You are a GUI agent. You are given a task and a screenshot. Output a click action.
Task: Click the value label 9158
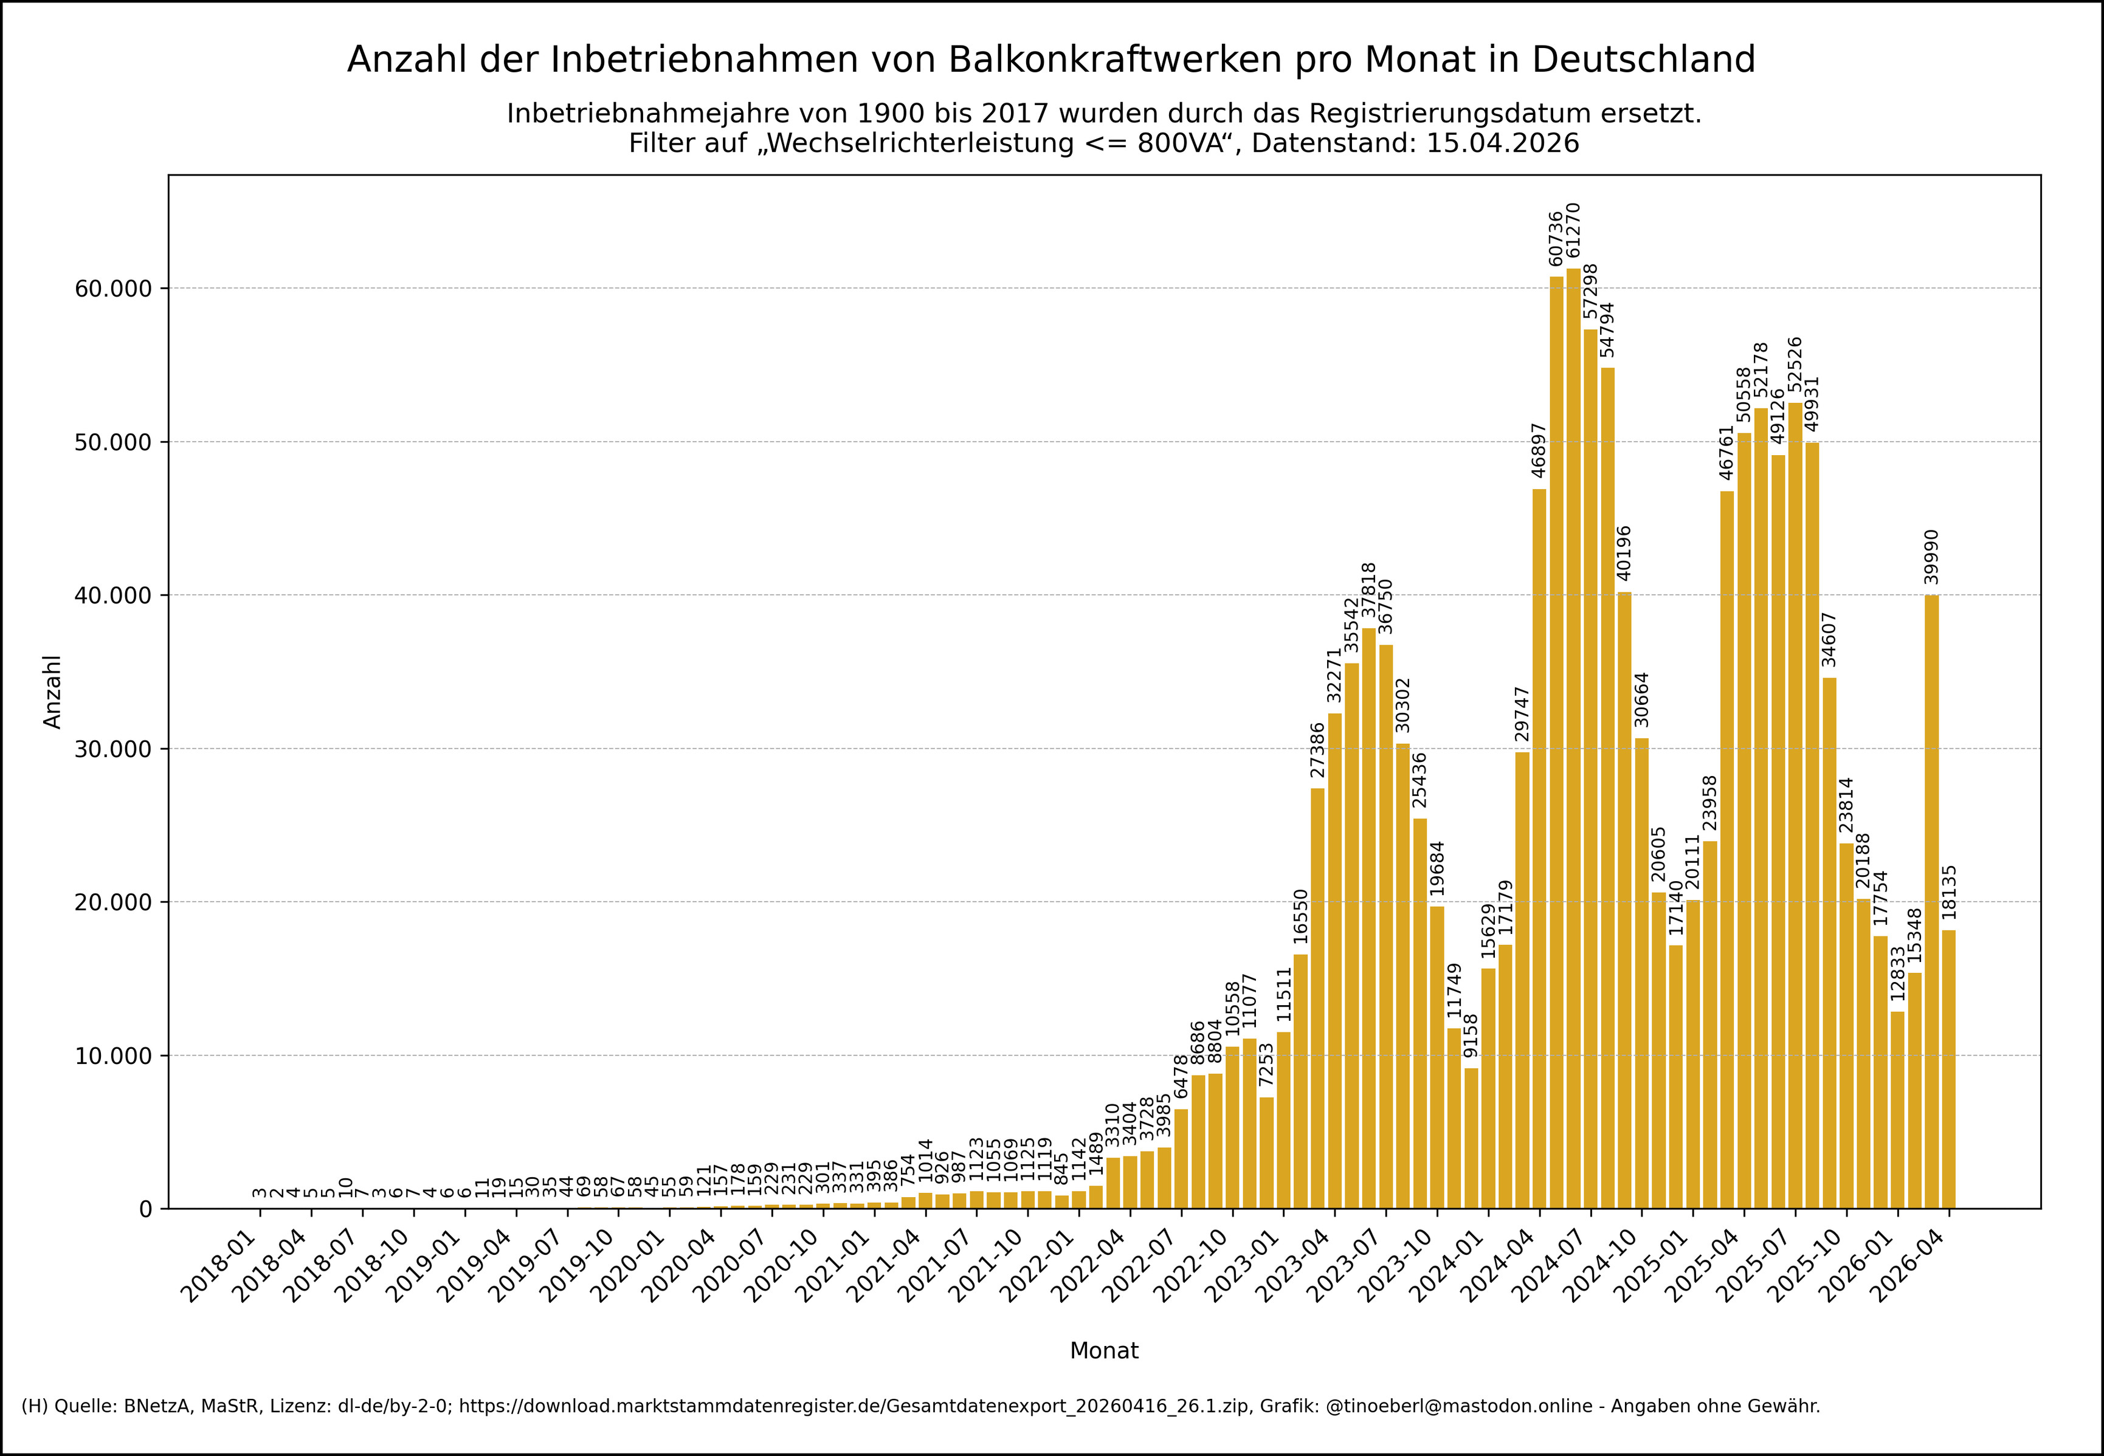(x=1471, y=1035)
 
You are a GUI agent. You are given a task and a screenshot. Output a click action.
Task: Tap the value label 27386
(x=1317, y=750)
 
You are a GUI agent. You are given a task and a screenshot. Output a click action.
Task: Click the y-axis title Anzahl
(x=53, y=692)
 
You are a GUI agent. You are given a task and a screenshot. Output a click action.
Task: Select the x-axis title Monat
(x=1104, y=1351)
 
